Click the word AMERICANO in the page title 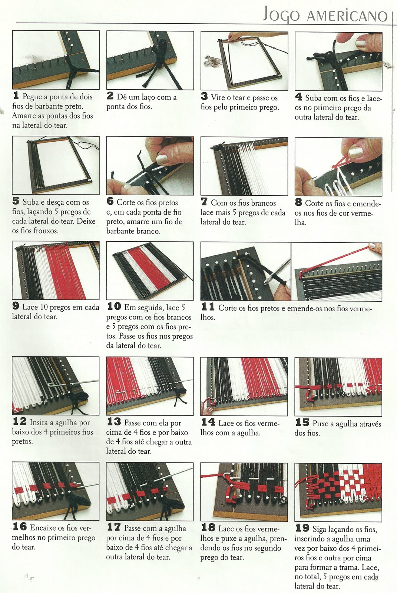click(x=347, y=16)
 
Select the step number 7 click(x=204, y=202)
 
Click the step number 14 click(x=208, y=422)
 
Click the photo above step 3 click(x=244, y=61)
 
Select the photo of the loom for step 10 click(x=150, y=271)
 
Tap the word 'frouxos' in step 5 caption click(x=46, y=231)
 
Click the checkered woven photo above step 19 click(x=338, y=493)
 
